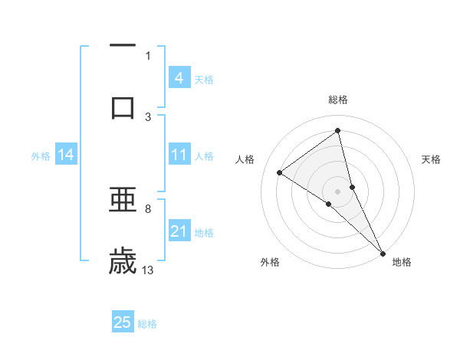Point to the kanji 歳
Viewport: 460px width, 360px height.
coord(123,260)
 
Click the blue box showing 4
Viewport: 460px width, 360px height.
coord(179,78)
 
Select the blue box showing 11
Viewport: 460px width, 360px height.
coord(179,155)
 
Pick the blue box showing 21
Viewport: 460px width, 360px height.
coord(179,231)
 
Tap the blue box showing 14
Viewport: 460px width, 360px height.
coord(66,155)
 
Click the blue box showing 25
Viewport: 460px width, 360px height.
coord(123,322)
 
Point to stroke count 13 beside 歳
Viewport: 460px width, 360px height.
coord(148,270)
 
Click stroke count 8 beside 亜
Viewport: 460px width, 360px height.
coord(148,208)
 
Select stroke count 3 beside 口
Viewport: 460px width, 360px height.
coord(148,116)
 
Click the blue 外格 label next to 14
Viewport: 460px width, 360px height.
coord(41,156)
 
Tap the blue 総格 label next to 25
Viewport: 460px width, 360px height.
coord(147,323)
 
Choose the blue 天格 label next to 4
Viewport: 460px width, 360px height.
coord(204,79)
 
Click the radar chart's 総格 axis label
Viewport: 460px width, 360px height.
coord(338,100)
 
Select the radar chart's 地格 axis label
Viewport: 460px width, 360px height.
coord(402,262)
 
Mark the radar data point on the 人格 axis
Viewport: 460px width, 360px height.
coord(280,172)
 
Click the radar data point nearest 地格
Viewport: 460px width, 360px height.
coord(383,252)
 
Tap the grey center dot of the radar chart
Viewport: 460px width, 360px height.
coord(338,190)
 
